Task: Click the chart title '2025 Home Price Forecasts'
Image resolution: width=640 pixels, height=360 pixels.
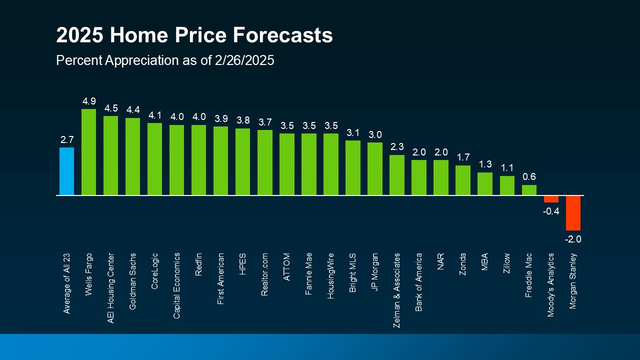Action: click(x=194, y=36)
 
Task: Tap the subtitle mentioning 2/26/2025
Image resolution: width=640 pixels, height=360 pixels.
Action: click(x=165, y=60)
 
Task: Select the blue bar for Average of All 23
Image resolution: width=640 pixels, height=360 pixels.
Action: click(x=66, y=171)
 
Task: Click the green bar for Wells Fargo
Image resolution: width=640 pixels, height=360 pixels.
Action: click(x=88, y=152)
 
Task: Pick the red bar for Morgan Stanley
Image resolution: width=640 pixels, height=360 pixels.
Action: click(x=573, y=213)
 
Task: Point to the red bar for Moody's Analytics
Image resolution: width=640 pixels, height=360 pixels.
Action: click(x=551, y=199)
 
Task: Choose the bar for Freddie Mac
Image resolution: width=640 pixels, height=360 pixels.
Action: click(x=529, y=190)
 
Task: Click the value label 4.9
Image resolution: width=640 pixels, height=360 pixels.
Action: click(x=88, y=101)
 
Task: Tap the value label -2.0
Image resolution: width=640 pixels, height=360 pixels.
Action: click(x=573, y=239)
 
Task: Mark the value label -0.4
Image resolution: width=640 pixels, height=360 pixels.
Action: click(x=551, y=211)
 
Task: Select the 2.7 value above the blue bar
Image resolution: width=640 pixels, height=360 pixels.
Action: click(x=66, y=140)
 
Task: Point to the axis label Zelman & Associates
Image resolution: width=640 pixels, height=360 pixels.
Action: click(x=397, y=290)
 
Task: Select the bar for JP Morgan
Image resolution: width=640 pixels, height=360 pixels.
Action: click(x=375, y=169)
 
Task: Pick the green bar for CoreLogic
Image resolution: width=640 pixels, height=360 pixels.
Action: click(x=154, y=159)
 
